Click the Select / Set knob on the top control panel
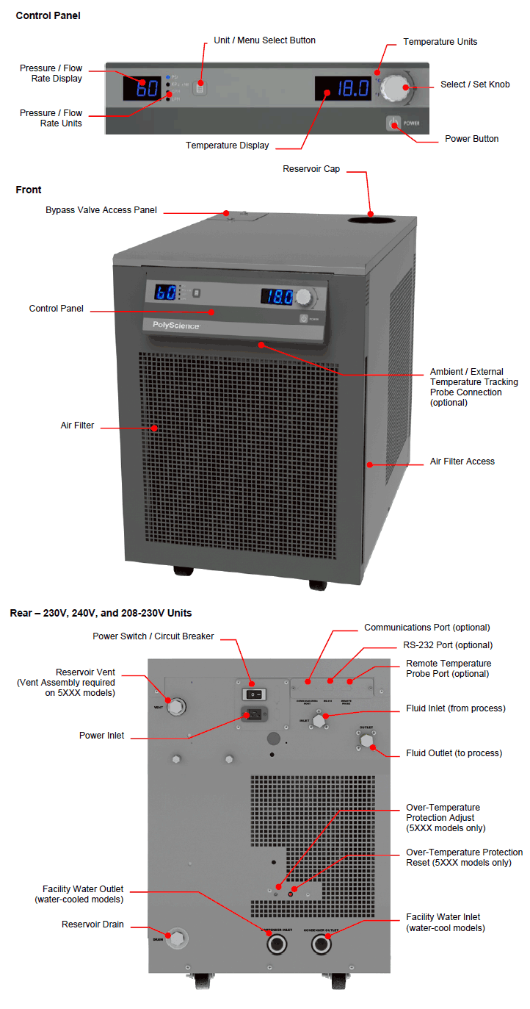[x=395, y=88]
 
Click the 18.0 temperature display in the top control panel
[x=343, y=89]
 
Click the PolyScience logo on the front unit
[x=175, y=326]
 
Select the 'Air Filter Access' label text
[x=462, y=462]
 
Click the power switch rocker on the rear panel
[x=253, y=693]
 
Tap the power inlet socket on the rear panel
[x=253, y=713]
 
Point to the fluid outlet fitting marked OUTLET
[x=366, y=742]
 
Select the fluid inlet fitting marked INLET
[x=319, y=721]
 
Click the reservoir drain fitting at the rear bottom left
[x=177, y=938]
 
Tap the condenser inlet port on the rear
[x=275, y=945]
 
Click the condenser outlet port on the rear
[x=321, y=945]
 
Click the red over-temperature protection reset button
[x=291, y=893]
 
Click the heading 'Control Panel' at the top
[x=48, y=15]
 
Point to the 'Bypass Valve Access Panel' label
[x=101, y=210]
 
